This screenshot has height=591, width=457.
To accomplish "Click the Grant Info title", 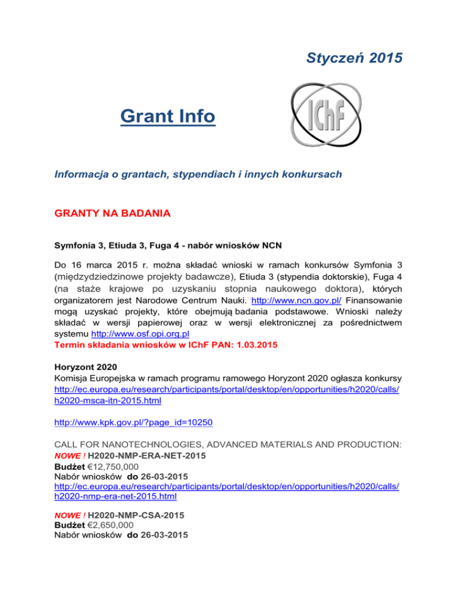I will click(x=167, y=116).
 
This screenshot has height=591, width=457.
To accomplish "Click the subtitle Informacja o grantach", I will click(x=206, y=175).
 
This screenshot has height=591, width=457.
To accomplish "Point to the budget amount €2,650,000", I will click(x=113, y=526).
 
